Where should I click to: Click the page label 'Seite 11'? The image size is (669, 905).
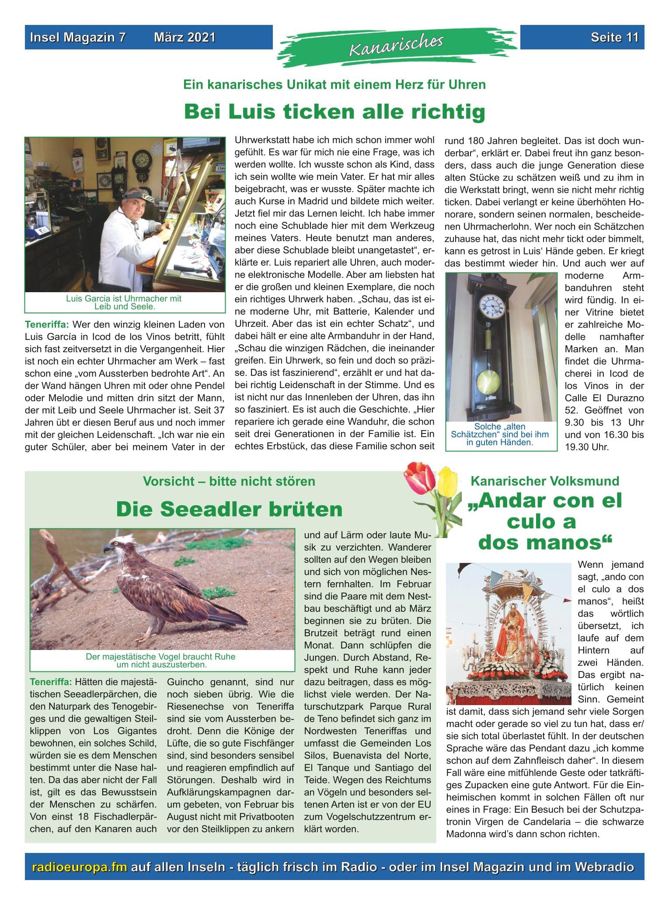(614, 38)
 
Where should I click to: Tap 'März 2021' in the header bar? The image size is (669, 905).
(185, 38)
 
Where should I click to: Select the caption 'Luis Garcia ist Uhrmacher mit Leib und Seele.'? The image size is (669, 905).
(124, 302)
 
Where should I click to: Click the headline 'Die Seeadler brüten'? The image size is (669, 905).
(229, 509)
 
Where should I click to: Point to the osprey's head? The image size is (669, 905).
(118, 547)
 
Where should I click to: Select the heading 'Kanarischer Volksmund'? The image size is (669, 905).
(545, 481)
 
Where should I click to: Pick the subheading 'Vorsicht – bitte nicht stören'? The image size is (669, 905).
(229, 482)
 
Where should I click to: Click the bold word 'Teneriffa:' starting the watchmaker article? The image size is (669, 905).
(47, 325)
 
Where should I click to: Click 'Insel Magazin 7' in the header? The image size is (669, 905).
(77, 38)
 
